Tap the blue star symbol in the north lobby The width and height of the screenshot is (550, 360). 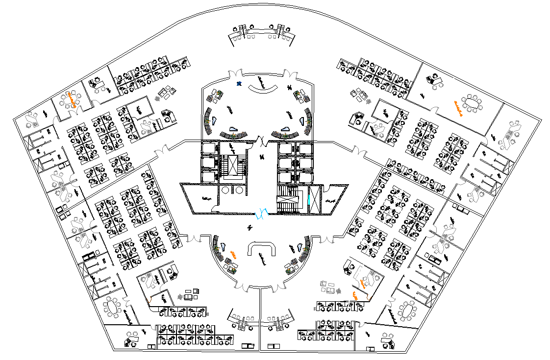tap(239, 84)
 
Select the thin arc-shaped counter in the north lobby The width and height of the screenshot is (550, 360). tap(263, 89)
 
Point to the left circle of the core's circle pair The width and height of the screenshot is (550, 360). tap(225, 190)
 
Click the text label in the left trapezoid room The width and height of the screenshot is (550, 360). tap(206, 198)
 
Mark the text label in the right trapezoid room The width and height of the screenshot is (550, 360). tap(331, 200)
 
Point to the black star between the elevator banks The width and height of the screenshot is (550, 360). tap(262, 157)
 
